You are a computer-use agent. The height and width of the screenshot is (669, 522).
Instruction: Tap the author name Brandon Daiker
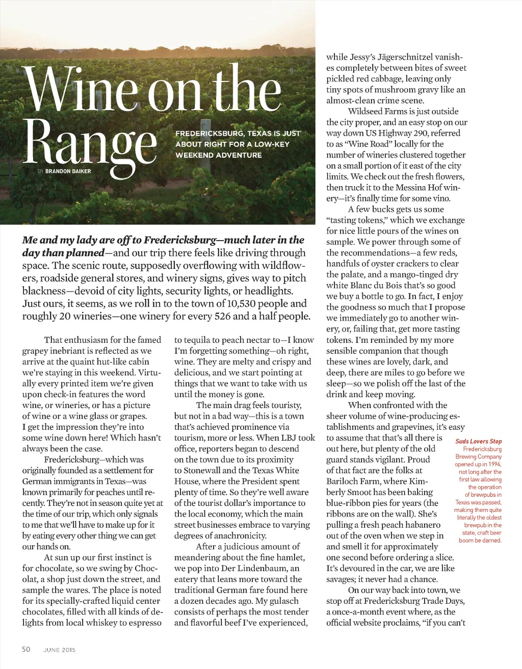click(x=68, y=171)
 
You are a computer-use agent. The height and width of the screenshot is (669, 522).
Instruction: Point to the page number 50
click(x=26, y=649)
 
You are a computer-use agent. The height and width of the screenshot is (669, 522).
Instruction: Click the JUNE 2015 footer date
click(x=59, y=650)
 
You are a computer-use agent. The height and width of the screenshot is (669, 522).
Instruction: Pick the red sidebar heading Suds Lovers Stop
click(x=478, y=441)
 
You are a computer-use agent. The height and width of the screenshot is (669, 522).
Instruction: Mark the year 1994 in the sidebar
click(x=492, y=464)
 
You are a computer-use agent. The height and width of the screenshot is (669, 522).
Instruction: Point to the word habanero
click(x=421, y=525)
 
